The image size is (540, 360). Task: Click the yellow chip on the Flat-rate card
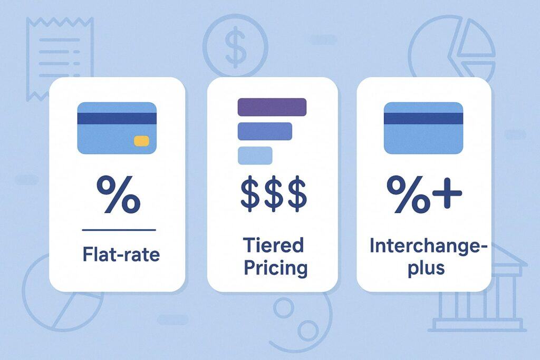[142, 141]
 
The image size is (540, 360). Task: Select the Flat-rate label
[121, 255]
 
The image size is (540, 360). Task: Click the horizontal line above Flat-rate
[119, 230]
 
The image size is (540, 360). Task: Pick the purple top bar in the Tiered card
[272, 106]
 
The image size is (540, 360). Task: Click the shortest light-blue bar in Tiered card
[255, 155]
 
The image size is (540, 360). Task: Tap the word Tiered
[273, 245]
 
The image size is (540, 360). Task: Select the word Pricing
[273, 268]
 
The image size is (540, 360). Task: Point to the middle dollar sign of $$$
[273, 193]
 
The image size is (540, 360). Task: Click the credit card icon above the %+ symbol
[423, 128]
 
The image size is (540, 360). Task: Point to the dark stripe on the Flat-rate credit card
[117, 118]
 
